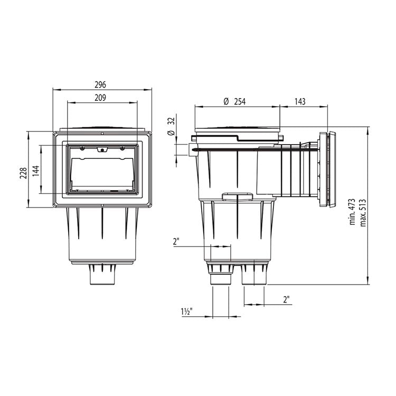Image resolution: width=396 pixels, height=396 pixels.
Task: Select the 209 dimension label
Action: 101,98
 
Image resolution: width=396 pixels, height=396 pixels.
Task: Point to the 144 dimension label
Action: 36,170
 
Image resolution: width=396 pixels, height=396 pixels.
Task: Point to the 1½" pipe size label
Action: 186,312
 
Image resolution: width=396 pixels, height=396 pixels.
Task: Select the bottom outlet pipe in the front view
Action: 101,275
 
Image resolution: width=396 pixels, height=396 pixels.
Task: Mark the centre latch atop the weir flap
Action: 102,150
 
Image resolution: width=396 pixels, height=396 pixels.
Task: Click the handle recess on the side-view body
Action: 238,197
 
